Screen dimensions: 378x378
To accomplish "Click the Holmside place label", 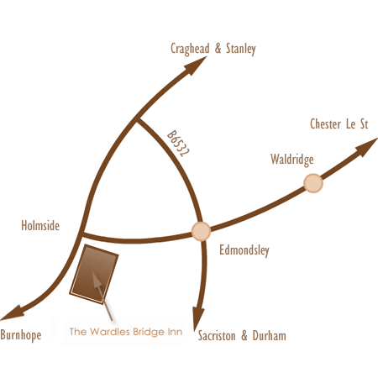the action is (40, 225).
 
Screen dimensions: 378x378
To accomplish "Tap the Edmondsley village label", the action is (244, 250).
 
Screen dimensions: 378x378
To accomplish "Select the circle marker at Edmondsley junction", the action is (201, 231).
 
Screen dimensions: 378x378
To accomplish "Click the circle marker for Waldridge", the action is (313, 183).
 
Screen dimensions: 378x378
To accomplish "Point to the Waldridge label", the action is (292, 160).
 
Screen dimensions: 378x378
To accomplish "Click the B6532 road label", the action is (178, 144).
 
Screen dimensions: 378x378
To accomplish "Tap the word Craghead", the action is (190, 49).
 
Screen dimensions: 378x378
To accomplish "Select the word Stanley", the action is (241, 49).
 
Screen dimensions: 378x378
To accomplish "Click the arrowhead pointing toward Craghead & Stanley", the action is (196, 66).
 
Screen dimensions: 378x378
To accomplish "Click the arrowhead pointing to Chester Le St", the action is (367, 147).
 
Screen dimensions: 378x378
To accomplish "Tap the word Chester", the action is (325, 124).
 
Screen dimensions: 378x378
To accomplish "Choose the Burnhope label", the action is (21, 335).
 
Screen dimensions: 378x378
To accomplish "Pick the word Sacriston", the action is (217, 336).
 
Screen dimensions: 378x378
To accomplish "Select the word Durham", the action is (270, 336).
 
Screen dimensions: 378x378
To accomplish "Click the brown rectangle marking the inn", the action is (94, 274).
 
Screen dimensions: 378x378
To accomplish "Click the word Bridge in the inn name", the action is (149, 333).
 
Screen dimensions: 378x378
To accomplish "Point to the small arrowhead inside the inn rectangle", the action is (97, 280).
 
